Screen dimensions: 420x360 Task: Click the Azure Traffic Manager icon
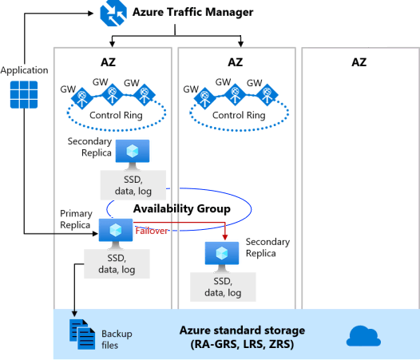coord(113,13)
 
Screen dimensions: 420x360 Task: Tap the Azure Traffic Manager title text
coord(193,12)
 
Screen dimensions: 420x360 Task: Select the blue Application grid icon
coord(24,94)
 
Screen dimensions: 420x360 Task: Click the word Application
coord(25,70)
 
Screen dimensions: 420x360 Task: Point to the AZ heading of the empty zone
coord(359,62)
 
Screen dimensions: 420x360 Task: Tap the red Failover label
coord(152,231)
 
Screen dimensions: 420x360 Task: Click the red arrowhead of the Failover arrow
coord(225,237)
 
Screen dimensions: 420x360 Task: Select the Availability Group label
coord(182,208)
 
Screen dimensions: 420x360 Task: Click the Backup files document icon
coord(82,334)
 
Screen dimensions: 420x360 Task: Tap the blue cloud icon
coord(363,336)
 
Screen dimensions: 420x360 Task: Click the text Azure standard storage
coord(242,330)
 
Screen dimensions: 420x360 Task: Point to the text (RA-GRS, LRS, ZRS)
coord(242,344)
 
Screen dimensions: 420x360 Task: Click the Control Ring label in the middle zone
coord(239,115)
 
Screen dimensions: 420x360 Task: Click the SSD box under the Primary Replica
coord(117,264)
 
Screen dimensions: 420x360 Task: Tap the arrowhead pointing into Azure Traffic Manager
coord(91,13)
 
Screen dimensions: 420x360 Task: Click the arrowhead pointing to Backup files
coord(74,314)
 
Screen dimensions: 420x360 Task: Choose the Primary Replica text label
coord(76,219)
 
